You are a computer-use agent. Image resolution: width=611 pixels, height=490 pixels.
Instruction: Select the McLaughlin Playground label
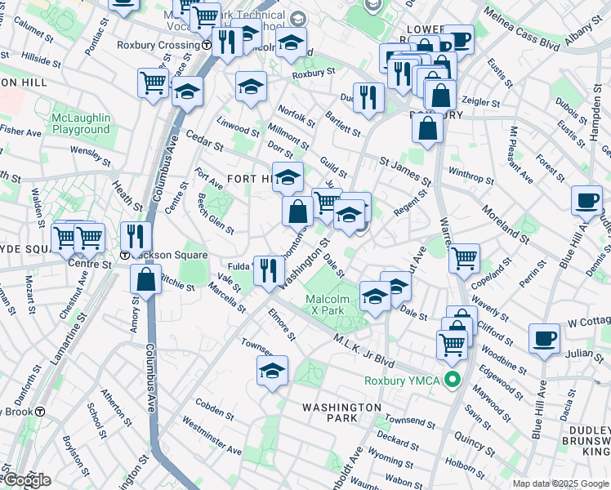[80, 123]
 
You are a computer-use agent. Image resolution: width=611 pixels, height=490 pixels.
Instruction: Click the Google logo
[26, 480]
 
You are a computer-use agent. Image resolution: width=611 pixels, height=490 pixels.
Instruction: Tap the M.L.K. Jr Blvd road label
[368, 350]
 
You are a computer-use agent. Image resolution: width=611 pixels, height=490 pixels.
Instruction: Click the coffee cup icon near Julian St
[544, 338]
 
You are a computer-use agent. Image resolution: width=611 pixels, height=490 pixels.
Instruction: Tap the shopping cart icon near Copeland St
[464, 259]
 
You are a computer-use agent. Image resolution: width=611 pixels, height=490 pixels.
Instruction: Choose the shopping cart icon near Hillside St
[153, 82]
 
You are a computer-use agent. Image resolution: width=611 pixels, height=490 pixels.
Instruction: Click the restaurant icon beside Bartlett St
[368, 98]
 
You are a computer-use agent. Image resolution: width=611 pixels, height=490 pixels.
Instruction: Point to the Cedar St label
[204, 140]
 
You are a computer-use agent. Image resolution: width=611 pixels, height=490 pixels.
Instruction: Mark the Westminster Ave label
[211, 436]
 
